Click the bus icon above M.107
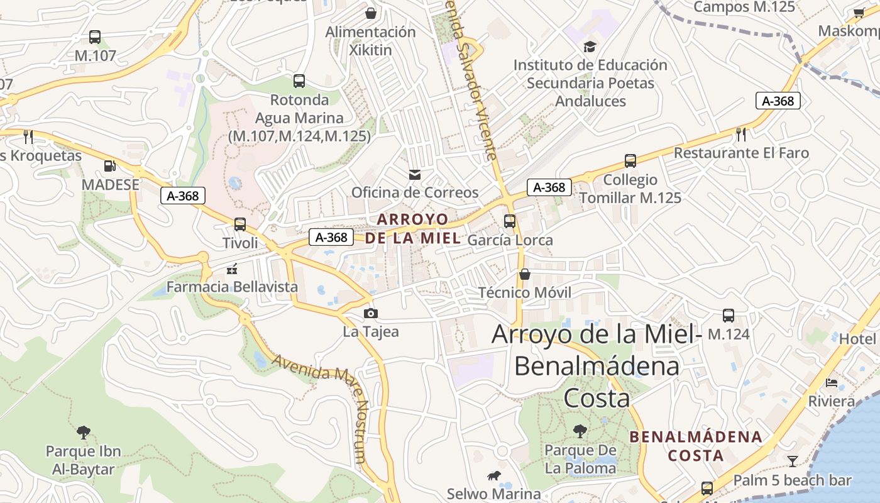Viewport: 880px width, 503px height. click(x=95, y=37)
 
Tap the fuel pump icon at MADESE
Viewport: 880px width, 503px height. click(x=110, y=166)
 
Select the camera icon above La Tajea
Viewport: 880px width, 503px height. click(x=371, y=313)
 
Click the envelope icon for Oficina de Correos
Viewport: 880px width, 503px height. click(x=414, y=174)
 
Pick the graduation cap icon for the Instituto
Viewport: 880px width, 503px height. click(x=590, y=47)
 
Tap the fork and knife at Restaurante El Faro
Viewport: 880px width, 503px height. click(x=741, y=134)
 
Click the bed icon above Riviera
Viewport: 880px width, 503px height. click(x=832, y=382)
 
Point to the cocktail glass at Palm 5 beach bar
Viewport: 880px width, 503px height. click(x=792, y=462)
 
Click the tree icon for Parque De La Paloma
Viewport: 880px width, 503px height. click(x=580, y=431)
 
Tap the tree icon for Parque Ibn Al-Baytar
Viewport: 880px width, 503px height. click(x=83, y=433)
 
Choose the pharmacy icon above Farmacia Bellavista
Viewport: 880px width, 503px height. click(x=232, y=269)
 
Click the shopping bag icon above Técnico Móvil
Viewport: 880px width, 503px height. click(x=525, y=274)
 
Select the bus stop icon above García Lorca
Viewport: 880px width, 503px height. click(x=510, y=221)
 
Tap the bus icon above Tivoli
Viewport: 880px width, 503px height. click(x=239, y=224)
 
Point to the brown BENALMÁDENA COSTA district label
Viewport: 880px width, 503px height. click(x=696, y=445)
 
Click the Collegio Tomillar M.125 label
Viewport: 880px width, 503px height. click(x=630, y=189)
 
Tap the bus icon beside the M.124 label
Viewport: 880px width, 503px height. click(x=729, y=316)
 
